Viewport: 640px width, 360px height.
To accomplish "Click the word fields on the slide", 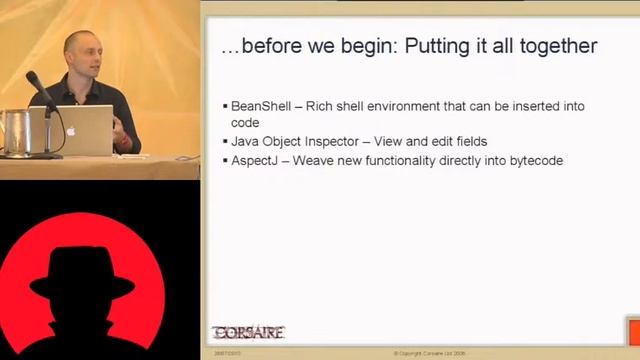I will [x=467, y=141].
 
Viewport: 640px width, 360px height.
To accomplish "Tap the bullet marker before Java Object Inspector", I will [x=224, y=142].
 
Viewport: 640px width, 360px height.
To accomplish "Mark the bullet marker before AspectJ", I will [x=224, y=161].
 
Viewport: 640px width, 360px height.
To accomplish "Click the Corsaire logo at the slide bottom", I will [x=248, y=332].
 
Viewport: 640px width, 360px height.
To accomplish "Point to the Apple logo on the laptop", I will [x=70, y=130].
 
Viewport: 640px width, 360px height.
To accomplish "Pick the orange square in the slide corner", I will [x=632, y=330].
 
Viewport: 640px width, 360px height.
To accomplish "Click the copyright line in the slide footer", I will [x=437, y=353].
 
